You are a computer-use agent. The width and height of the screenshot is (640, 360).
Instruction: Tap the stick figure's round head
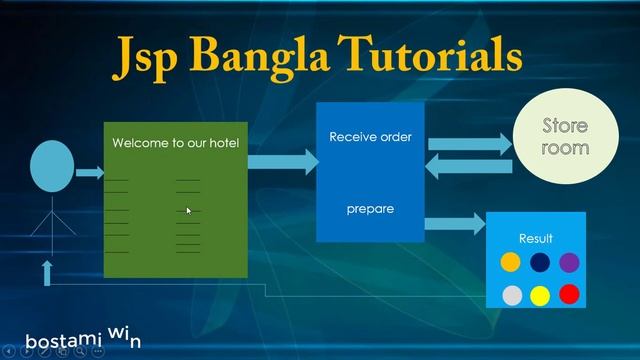tap(53, 167)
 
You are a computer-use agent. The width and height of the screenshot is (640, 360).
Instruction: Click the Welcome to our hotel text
tap(176, 143)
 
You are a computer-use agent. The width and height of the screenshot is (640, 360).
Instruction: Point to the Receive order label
tap(370, 137)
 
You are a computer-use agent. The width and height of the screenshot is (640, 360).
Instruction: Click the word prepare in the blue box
tap(370, 209)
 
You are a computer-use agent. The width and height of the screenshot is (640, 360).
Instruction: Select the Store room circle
tap(565, 137)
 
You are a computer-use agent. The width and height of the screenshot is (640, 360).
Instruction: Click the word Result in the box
tap(536, 239)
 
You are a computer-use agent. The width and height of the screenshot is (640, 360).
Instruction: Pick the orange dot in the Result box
tap(510, 263)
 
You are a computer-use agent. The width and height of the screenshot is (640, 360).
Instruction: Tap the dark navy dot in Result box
tap(540, 263)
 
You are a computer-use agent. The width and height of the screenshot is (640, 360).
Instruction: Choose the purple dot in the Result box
tap(569, 263)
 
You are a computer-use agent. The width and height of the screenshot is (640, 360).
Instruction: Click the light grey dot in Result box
tap(510, 294)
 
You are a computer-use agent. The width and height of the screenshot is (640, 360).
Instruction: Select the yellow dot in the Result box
tap(540, 294)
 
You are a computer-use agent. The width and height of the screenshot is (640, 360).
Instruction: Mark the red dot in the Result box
tap(569, 294)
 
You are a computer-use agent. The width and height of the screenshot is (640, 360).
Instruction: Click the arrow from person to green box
tap(91, 173)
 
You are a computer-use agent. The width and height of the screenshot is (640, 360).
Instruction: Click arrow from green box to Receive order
tap(280, 161)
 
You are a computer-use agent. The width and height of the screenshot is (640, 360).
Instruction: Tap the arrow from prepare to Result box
tap(455, 223)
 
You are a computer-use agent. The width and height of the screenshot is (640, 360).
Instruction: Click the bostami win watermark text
tap(82, 338)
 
